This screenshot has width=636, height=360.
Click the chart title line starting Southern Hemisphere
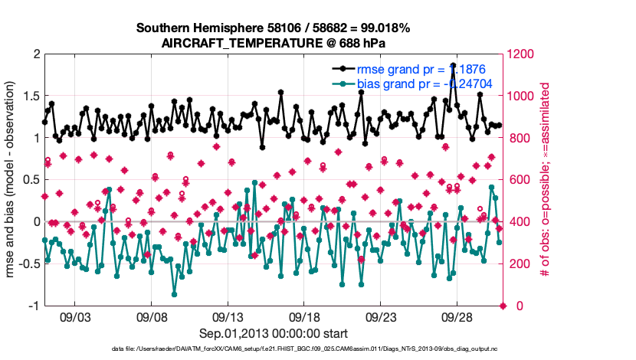[x=273, y=28]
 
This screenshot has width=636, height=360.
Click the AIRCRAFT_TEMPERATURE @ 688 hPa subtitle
[x=273, y=44]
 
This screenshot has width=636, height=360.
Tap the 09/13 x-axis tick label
[x=228, y=316]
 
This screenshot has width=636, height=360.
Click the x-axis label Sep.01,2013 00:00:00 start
[x=274, y=333]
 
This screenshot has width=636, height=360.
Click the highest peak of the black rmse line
[x=454, y=66]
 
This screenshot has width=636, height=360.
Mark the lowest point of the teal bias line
[x=175, y=294]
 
